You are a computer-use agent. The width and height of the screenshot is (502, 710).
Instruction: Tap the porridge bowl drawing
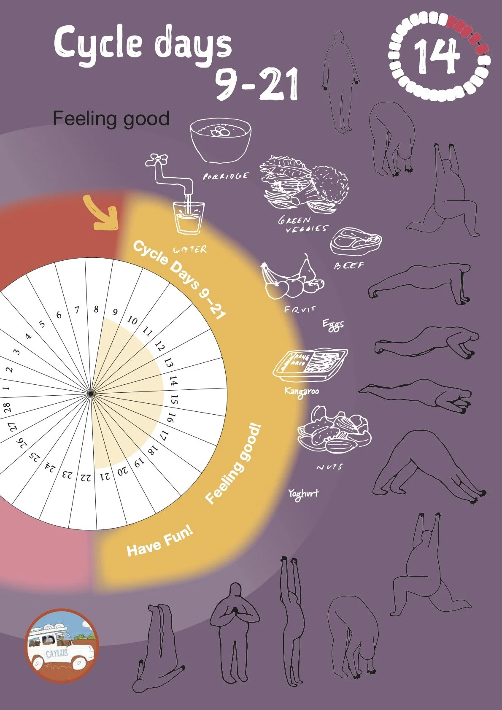coord(220,140)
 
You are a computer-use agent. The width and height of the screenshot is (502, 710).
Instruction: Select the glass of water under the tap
coord(189,217)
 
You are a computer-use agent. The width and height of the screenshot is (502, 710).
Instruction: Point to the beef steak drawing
coord(355,241)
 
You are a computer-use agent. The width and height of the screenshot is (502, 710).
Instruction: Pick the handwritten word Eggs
coord(333,325)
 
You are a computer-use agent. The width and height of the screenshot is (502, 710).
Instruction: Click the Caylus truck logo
coord(61,645)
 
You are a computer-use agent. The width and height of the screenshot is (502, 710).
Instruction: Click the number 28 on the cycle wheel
coord(7,408)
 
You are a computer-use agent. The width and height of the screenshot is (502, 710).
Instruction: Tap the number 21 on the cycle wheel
coord(105,477)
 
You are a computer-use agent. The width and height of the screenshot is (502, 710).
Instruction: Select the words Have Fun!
coord(160,543)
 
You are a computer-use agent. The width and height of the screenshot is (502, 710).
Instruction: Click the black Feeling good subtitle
coord(111,119)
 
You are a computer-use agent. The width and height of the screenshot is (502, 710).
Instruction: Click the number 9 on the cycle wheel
coord(115,313)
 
